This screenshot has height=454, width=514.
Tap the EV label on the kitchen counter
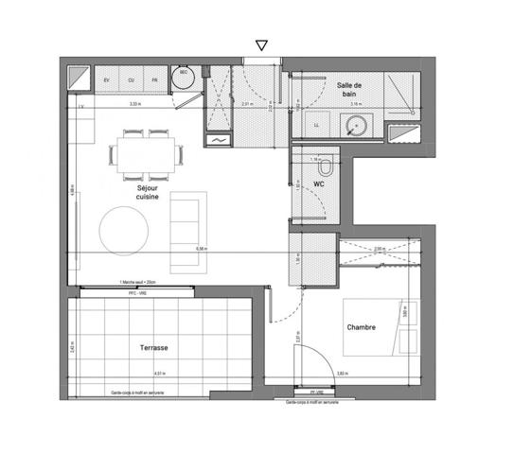pyautogui.click(x=106, y=80)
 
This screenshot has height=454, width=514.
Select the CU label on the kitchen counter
pyautogui.click(x=131, y=80)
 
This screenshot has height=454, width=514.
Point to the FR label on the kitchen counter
pyautogui.click(x=155, y=80)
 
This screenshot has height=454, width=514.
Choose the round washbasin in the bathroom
pyautogui.click(x=358, y=124)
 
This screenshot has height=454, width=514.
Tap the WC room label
pyautogui.click(x=319, y=184)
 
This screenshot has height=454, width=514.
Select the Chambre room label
pyautogui.click(x=361, y=328)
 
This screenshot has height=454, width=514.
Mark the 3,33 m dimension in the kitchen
pyautogui.click(x=134, y=104)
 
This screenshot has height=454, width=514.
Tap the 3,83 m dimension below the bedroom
pyautogui.click(x=344, y=374)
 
